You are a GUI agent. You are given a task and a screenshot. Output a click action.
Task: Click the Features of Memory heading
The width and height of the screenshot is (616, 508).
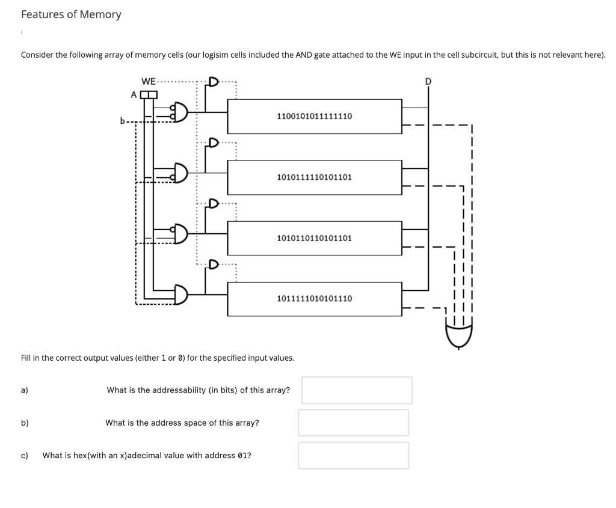(71, 14)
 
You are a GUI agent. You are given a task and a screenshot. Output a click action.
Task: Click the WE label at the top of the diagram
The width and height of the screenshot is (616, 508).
(149, 81)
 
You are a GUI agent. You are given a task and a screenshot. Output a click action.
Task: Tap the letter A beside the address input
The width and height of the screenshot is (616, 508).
(134, 94)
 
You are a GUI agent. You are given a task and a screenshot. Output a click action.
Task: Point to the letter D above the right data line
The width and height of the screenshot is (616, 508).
(428, 81)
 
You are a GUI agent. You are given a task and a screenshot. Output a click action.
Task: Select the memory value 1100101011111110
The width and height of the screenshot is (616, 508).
(314, 116)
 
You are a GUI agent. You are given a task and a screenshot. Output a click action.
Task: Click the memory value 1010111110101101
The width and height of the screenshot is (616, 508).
(314, 177)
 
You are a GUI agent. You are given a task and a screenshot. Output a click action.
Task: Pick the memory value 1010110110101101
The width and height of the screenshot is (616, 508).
(314, 238)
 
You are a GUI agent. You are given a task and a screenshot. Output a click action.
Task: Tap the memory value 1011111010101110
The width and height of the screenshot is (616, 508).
(314, 298)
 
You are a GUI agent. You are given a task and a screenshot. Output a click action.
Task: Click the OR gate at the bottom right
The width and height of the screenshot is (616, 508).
(458, 334)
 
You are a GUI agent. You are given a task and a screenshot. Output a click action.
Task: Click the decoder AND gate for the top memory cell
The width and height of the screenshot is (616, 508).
(179, 112)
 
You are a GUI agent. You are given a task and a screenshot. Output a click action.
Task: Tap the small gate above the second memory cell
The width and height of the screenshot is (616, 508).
(214, 142)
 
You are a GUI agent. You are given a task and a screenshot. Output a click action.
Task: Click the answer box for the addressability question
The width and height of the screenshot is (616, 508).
(357, 390)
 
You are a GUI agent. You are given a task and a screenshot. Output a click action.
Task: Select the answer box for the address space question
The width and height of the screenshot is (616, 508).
(354, 423)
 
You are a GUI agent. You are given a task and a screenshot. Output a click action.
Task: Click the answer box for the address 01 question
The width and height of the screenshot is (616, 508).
(354, 455)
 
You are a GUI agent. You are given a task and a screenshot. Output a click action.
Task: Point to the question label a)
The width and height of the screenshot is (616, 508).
(25, 390)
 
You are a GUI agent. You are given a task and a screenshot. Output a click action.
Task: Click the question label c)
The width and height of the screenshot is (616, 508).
(25, 455)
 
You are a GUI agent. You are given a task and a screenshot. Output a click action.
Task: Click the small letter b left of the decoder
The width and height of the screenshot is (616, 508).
(123, 120)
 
